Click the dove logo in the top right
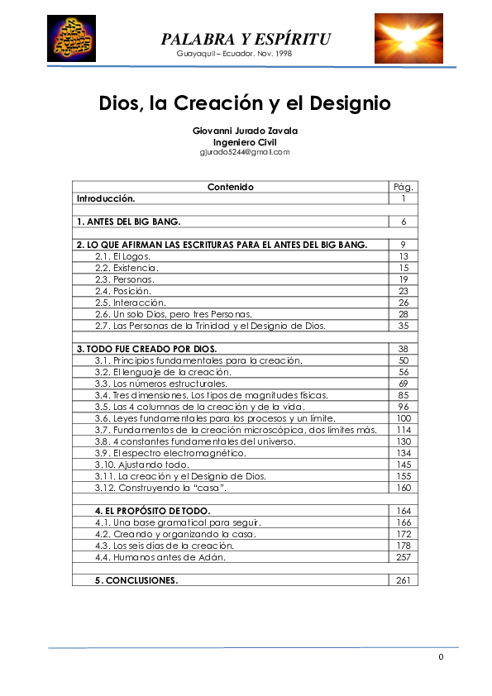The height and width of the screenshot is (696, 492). (408, 38)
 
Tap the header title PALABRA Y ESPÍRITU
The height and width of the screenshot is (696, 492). (246, 39)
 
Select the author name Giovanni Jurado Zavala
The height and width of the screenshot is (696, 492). (245, 131)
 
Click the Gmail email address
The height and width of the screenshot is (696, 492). (245, 152)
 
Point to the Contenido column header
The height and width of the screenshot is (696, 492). (230, 187)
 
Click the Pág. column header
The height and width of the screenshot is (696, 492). (403, 187)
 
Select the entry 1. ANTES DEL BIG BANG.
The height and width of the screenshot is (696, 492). (128, 222)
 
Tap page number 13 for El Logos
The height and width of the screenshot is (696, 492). (403, 256)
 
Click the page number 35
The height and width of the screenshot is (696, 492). (403, 326)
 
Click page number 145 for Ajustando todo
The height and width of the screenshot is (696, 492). (403, 465)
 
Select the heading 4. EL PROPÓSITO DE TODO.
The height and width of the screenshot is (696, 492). (152, 511)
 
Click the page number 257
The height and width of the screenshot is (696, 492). (403, 557)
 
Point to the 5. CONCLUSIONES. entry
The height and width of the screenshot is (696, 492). (136, 580)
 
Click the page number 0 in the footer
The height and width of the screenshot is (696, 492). (441, 656)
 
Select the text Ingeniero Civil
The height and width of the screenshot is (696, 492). (245, 141)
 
